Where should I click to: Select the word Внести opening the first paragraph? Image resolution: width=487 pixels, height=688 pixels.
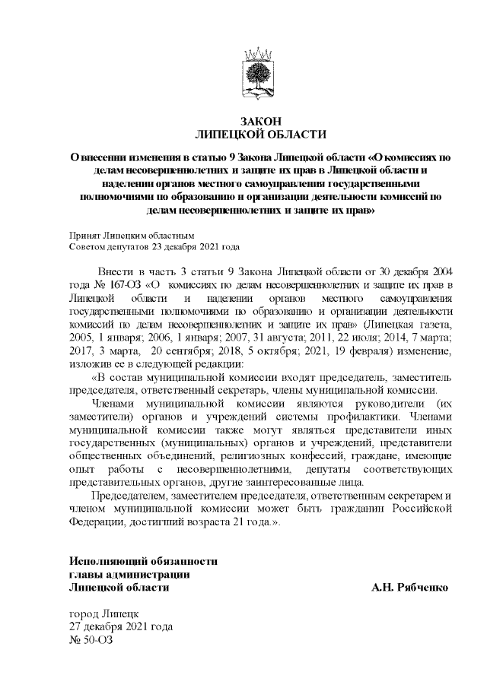115,271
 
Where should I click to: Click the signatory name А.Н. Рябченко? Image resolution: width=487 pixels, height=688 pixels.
409,588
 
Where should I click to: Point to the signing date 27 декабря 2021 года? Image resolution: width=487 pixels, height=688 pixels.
121,626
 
